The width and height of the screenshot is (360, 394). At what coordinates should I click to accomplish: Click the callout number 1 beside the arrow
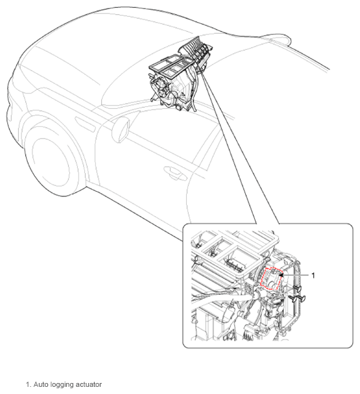coord(313,275)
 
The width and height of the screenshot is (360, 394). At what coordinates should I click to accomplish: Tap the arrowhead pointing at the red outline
coord(281,275)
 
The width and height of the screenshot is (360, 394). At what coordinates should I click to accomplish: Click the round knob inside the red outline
coord(271,284)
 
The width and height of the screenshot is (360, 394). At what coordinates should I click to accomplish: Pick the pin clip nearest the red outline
coord(297,289)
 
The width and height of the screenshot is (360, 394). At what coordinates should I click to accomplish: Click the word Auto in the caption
coord(40,384)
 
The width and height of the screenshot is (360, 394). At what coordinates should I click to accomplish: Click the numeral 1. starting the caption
coord(29,384)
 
